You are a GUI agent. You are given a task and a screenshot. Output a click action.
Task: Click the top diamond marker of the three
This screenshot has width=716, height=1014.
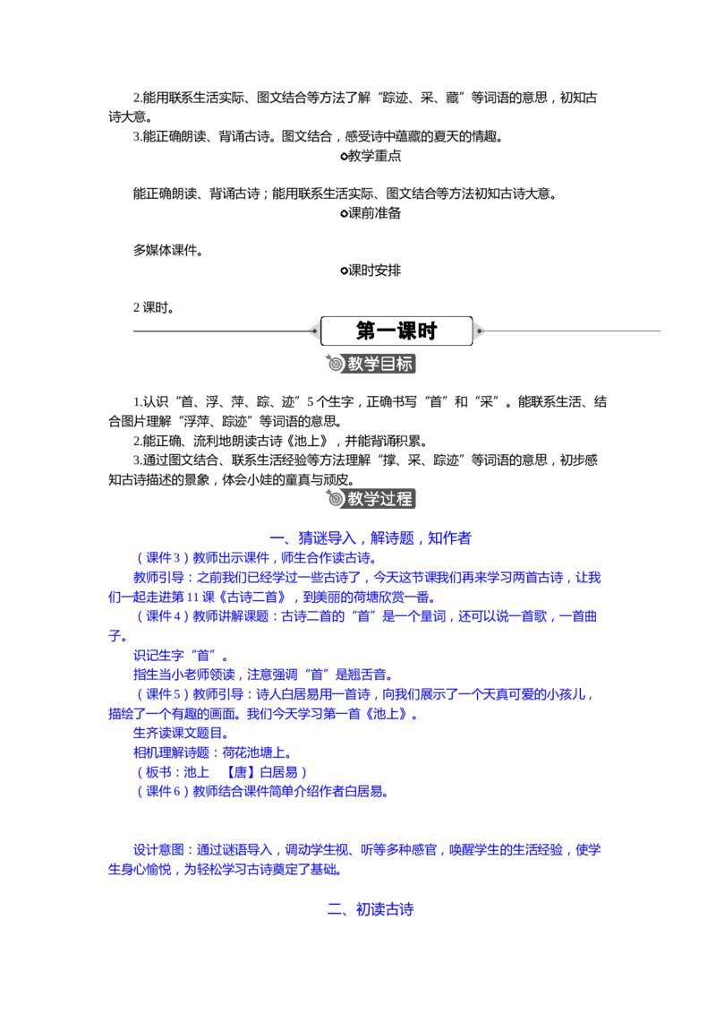point(343,158)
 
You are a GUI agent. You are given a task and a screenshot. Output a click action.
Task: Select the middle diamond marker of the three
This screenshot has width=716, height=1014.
point(343,215)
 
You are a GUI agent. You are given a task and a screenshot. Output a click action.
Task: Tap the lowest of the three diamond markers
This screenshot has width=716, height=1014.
point(343,271)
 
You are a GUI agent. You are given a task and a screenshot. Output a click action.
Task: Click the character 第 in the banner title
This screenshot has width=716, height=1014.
point(367,331)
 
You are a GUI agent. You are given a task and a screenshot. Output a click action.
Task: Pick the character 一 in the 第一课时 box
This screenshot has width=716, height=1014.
point(388,331)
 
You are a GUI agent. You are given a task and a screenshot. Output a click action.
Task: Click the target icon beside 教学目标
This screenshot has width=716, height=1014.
point(335,365)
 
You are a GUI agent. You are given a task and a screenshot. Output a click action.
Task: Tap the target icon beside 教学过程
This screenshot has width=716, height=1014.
point(335,499)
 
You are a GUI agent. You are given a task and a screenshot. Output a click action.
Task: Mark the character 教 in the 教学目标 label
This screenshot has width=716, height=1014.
point(355,365)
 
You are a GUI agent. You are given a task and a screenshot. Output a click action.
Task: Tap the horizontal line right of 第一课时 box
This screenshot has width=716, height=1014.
point(573,331)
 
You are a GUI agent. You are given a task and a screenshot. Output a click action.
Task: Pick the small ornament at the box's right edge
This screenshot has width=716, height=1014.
point(480,331)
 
